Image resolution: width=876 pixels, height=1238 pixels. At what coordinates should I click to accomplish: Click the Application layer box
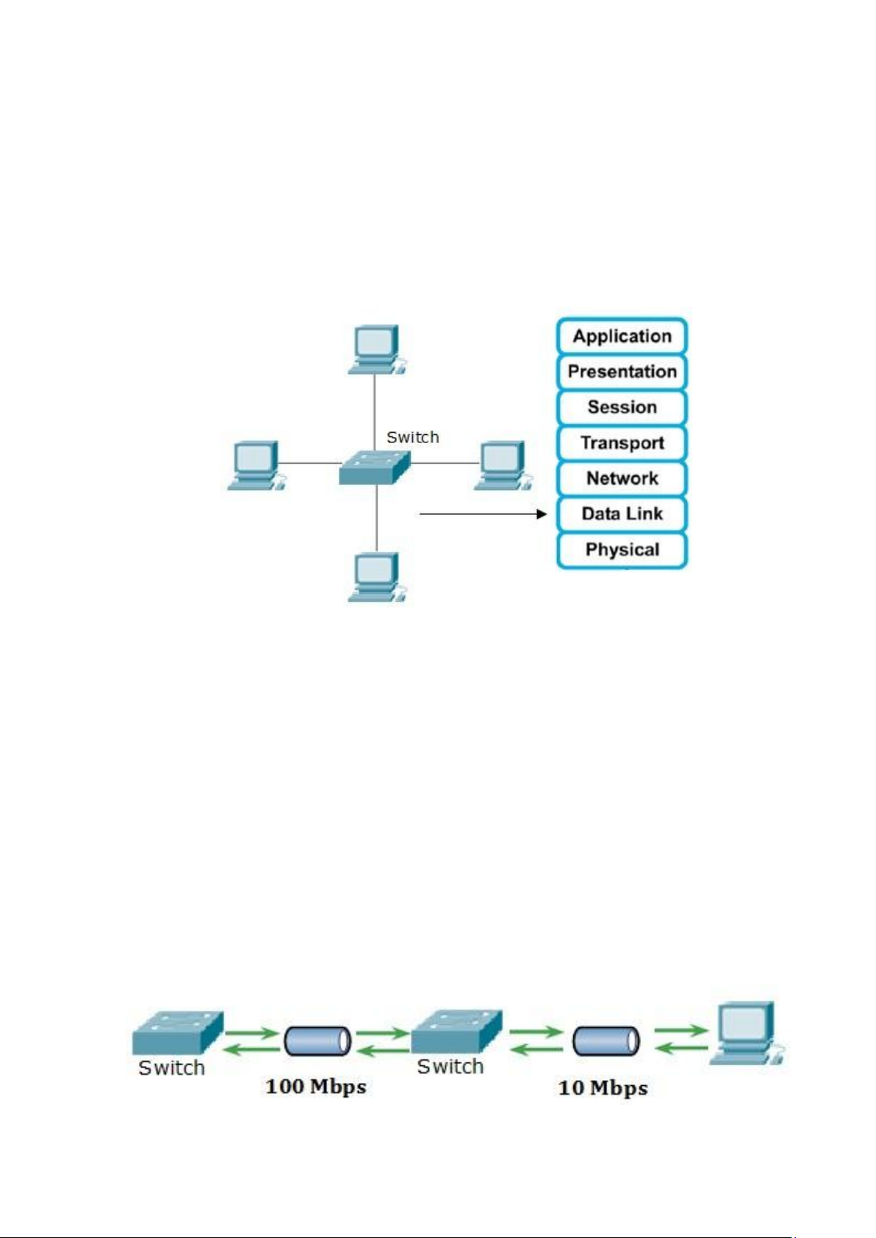click(622, 337)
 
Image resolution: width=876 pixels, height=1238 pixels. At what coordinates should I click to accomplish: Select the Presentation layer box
click(622, 372)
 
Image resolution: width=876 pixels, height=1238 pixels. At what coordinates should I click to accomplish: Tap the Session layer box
click(622, 407)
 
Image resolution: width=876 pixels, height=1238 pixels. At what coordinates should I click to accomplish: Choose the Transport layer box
click(622, 443)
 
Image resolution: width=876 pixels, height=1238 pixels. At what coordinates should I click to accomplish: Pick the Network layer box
click(622, 478)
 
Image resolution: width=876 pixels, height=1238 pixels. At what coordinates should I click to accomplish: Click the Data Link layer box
click(622, 514)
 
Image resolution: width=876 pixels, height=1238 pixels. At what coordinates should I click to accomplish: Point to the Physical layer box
click(622, 550)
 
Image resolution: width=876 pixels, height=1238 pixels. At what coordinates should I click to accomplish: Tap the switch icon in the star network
click(374, 467)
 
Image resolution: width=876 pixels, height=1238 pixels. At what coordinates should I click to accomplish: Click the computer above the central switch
click(376, 349)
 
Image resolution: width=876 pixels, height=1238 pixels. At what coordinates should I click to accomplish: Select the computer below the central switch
click(376, 577)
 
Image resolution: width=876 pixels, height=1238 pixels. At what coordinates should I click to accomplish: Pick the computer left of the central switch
click(255, 465)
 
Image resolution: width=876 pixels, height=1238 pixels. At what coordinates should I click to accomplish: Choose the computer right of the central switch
click(502, 465)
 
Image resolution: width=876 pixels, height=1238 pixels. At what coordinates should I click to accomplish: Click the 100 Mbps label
click(316, 1087)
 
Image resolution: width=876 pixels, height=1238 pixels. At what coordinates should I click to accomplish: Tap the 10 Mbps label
click(603, 1088)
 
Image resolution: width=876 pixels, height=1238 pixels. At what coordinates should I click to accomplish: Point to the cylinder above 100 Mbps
click(317, 1041)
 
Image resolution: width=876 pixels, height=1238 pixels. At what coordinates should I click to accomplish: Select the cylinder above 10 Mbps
click(606, 1041)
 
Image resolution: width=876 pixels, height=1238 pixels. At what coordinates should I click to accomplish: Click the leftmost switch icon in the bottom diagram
click(177, 1034)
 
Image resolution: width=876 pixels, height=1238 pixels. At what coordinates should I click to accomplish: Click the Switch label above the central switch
click(412, 437)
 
